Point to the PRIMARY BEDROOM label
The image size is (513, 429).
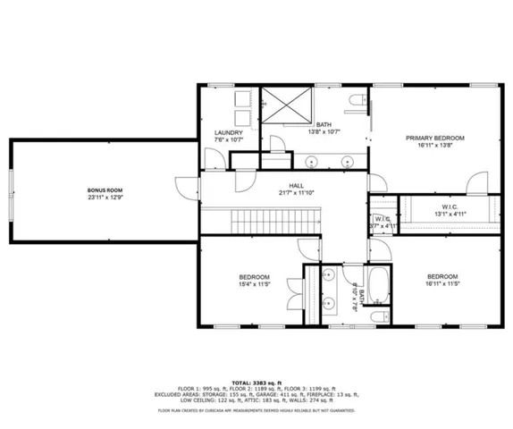pos(435,138)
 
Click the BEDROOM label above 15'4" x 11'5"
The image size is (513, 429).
pos(255,277)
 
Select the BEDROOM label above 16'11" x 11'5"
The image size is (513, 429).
pos(442,276)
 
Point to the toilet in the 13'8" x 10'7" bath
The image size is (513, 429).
pos(357,101)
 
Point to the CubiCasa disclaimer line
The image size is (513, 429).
pos(256,410)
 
